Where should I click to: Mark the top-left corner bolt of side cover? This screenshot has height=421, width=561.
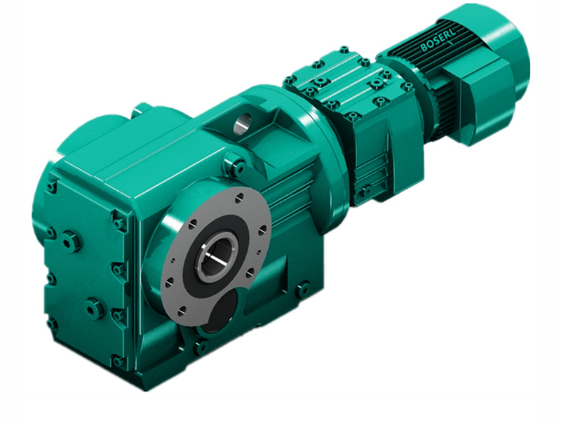51,187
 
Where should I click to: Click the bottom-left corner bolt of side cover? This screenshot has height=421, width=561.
51,323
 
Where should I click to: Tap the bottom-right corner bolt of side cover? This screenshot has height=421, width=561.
117,362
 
